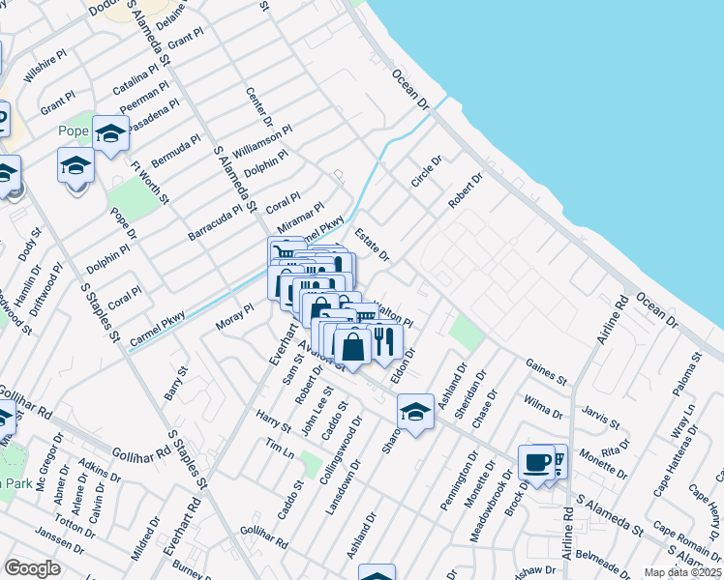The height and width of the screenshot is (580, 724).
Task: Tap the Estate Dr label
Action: pyautogui.click(x=371, y=244)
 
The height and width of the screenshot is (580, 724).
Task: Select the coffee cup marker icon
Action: pyautogui.click(x=535, y=461)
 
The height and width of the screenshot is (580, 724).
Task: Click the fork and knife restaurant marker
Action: pyautogui.click(x=385, y=341)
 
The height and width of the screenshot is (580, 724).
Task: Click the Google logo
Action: pyautogui.click(x=32, y=568)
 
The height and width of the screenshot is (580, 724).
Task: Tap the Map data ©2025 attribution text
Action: pyautogui.click(x=681, y=572)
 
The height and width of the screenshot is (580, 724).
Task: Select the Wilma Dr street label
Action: pyautogui.click(x=542, y=405)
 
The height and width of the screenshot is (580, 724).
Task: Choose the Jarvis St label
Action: pyautogui.click(x=600, y=418)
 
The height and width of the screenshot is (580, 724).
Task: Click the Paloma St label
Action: pyautogui.click(x=690, y=374)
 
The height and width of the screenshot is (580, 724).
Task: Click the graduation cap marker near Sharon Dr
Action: pyautogui.click(x=415, y=413)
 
